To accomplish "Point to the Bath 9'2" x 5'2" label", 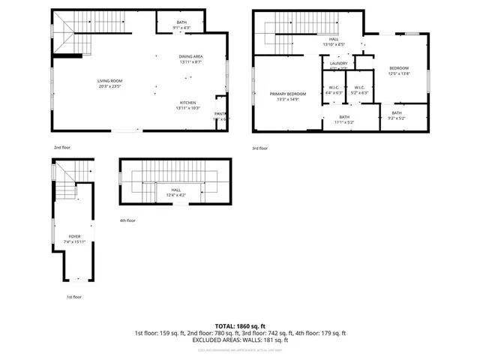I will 397,115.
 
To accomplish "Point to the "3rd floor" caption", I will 260,148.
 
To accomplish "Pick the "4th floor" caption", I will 127,220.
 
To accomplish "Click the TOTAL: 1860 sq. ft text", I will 239,325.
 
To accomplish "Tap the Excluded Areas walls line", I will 239,340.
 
